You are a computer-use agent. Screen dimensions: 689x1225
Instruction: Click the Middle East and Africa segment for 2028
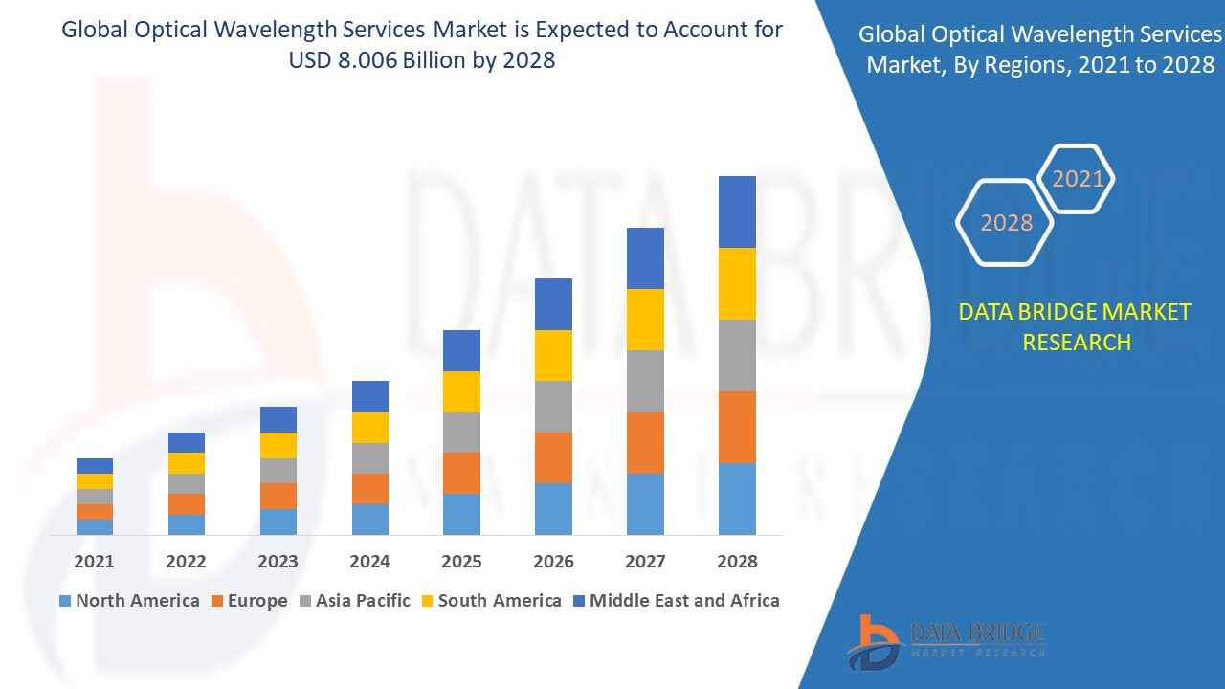click(x=737, y=211)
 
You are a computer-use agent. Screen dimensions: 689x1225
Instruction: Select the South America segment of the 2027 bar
click(x=645, y=319)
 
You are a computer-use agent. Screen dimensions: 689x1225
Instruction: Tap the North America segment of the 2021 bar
click(x=95, y=526)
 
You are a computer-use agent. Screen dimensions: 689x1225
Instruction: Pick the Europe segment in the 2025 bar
click(x=461, y=473)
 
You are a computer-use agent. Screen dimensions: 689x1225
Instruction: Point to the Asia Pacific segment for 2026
click(x=553, y=407)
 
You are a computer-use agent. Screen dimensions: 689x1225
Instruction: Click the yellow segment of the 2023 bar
click(x=278, y=445)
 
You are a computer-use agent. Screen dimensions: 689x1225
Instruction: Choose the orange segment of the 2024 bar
click(x=370, y=488)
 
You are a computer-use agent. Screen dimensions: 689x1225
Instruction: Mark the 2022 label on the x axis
click(x=186, y=562)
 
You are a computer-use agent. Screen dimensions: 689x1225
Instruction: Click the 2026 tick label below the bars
click(x=553, y=562)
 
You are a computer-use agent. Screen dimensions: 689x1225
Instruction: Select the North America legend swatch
click(x=65, y=601)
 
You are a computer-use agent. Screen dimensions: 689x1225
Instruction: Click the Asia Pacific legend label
click(x=363, y=601)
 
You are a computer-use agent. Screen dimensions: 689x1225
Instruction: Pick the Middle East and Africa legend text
click(x=684, y=601)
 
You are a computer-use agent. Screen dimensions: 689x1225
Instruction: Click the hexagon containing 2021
click(x=1078, y=179)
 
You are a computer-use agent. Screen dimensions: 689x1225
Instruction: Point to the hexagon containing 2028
click(x=1006, y=223)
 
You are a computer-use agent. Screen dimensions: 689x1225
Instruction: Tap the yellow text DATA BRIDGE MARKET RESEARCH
click(x=1076, y=326)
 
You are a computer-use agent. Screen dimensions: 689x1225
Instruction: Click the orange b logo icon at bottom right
click(x=872, y=640)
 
